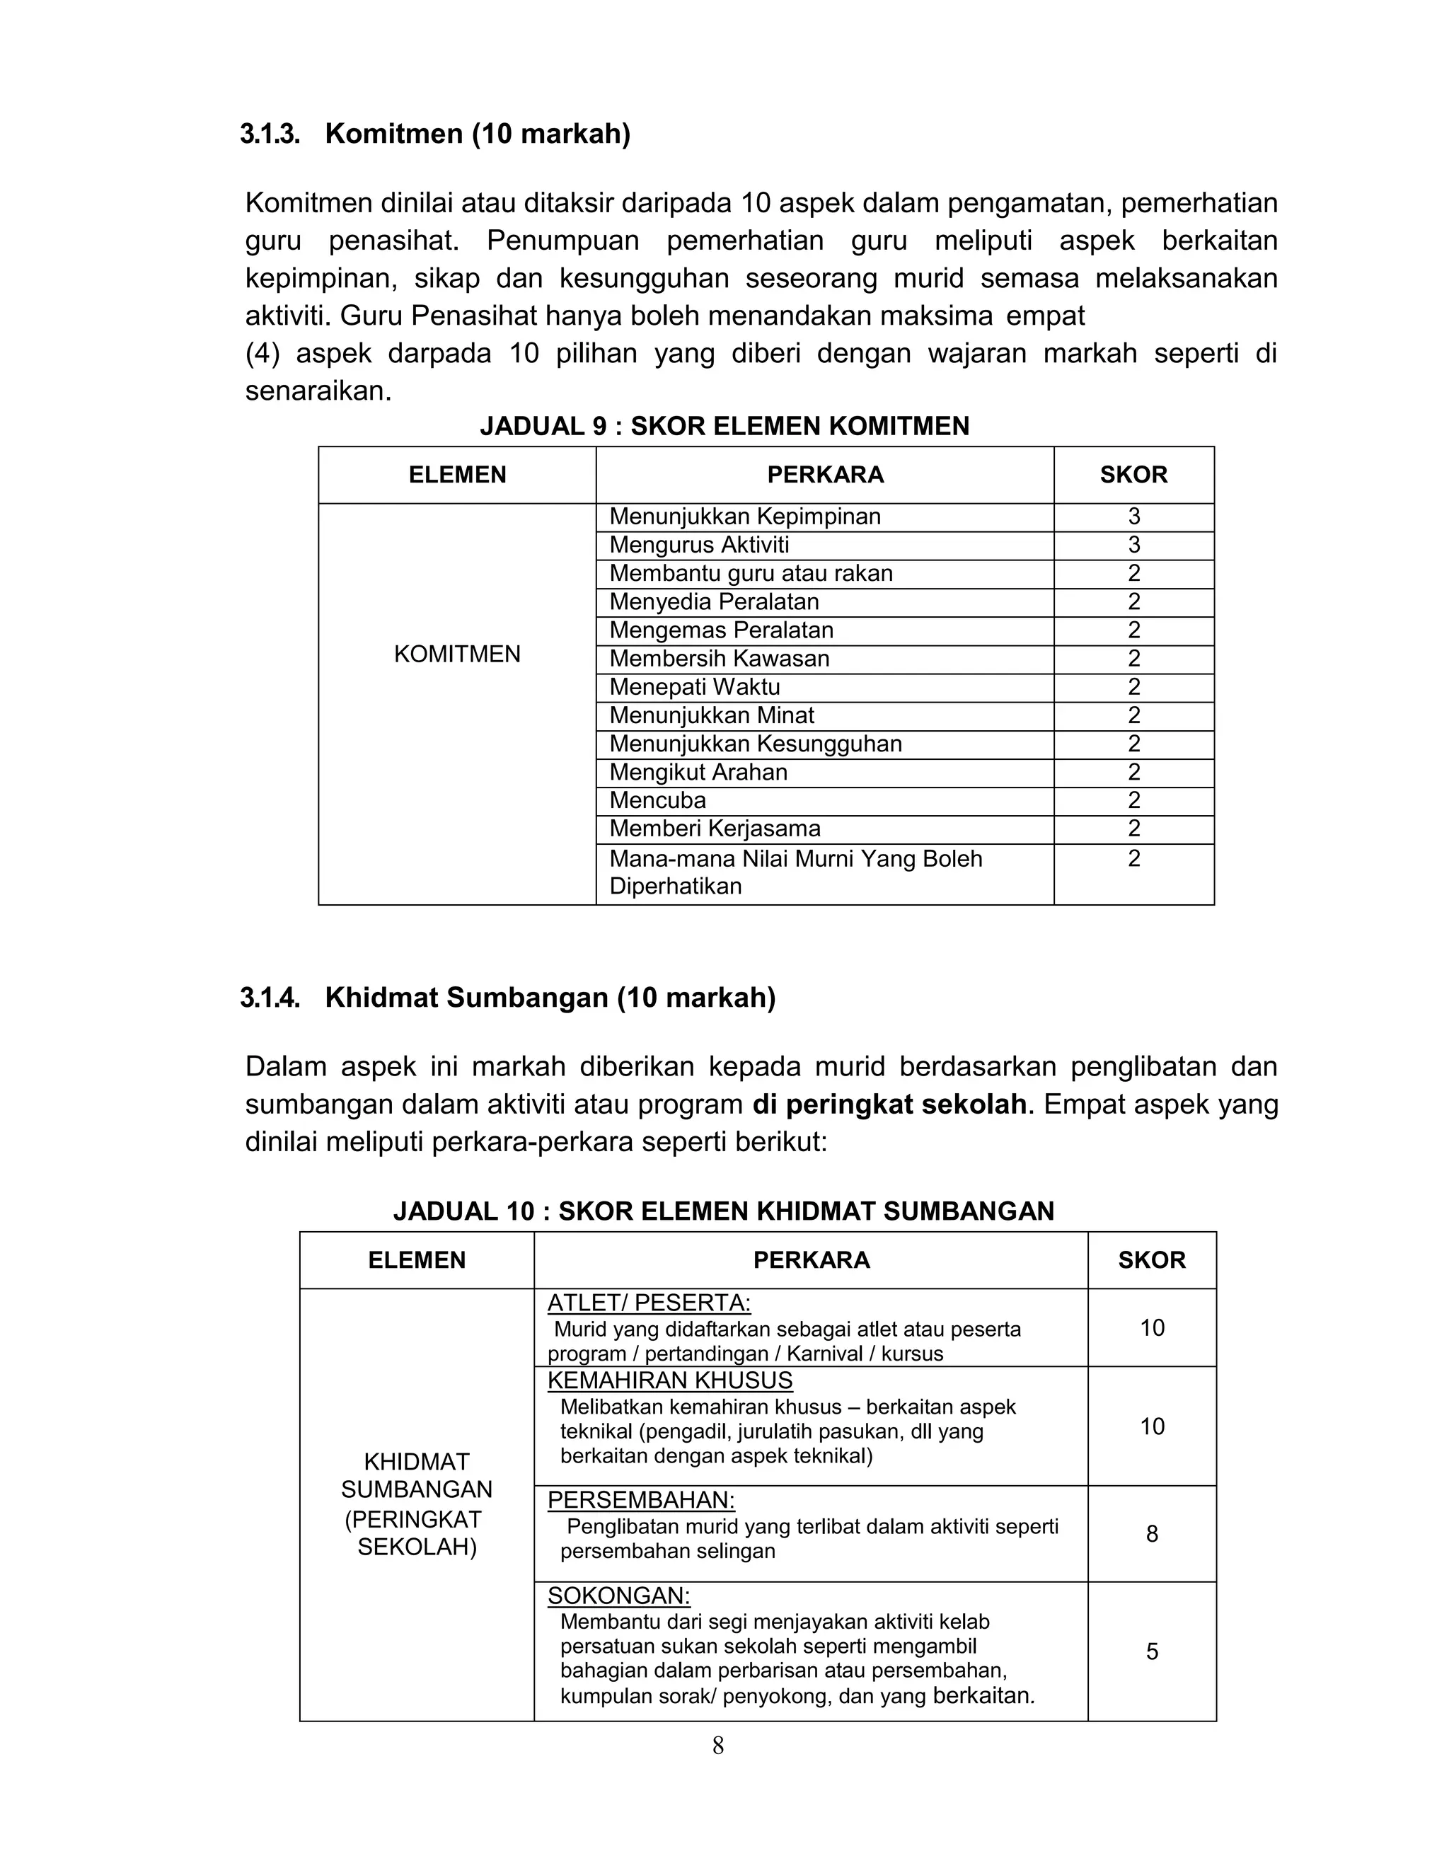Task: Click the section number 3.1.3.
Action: click(x=270, y=134)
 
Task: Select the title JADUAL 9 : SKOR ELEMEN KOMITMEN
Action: click(x=724, y=426)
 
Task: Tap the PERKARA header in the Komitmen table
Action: click(x=824, y=475)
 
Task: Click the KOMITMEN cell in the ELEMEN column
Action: click(x=456, y=654)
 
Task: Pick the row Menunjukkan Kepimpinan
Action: click(x=744, y=517)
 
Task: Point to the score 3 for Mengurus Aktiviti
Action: click(x=1133, y=545)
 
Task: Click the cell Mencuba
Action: click(x=657, y=800)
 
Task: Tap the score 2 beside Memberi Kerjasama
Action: click(x=1133, y=829)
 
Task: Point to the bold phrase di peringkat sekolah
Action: click(x=889, y=1104)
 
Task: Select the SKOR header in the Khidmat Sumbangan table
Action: click(x=1151, y=1259)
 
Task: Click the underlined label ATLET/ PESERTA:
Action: click(x=648, y=1303)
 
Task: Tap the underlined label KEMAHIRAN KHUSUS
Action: click(x=669, y=1380)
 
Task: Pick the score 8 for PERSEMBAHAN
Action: click(x=1151, y=1534)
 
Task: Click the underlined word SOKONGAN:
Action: click(x=618, y=1596)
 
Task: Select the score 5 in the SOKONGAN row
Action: click(x=1151, y=1652)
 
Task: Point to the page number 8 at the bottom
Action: click(x=717, y=1746)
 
